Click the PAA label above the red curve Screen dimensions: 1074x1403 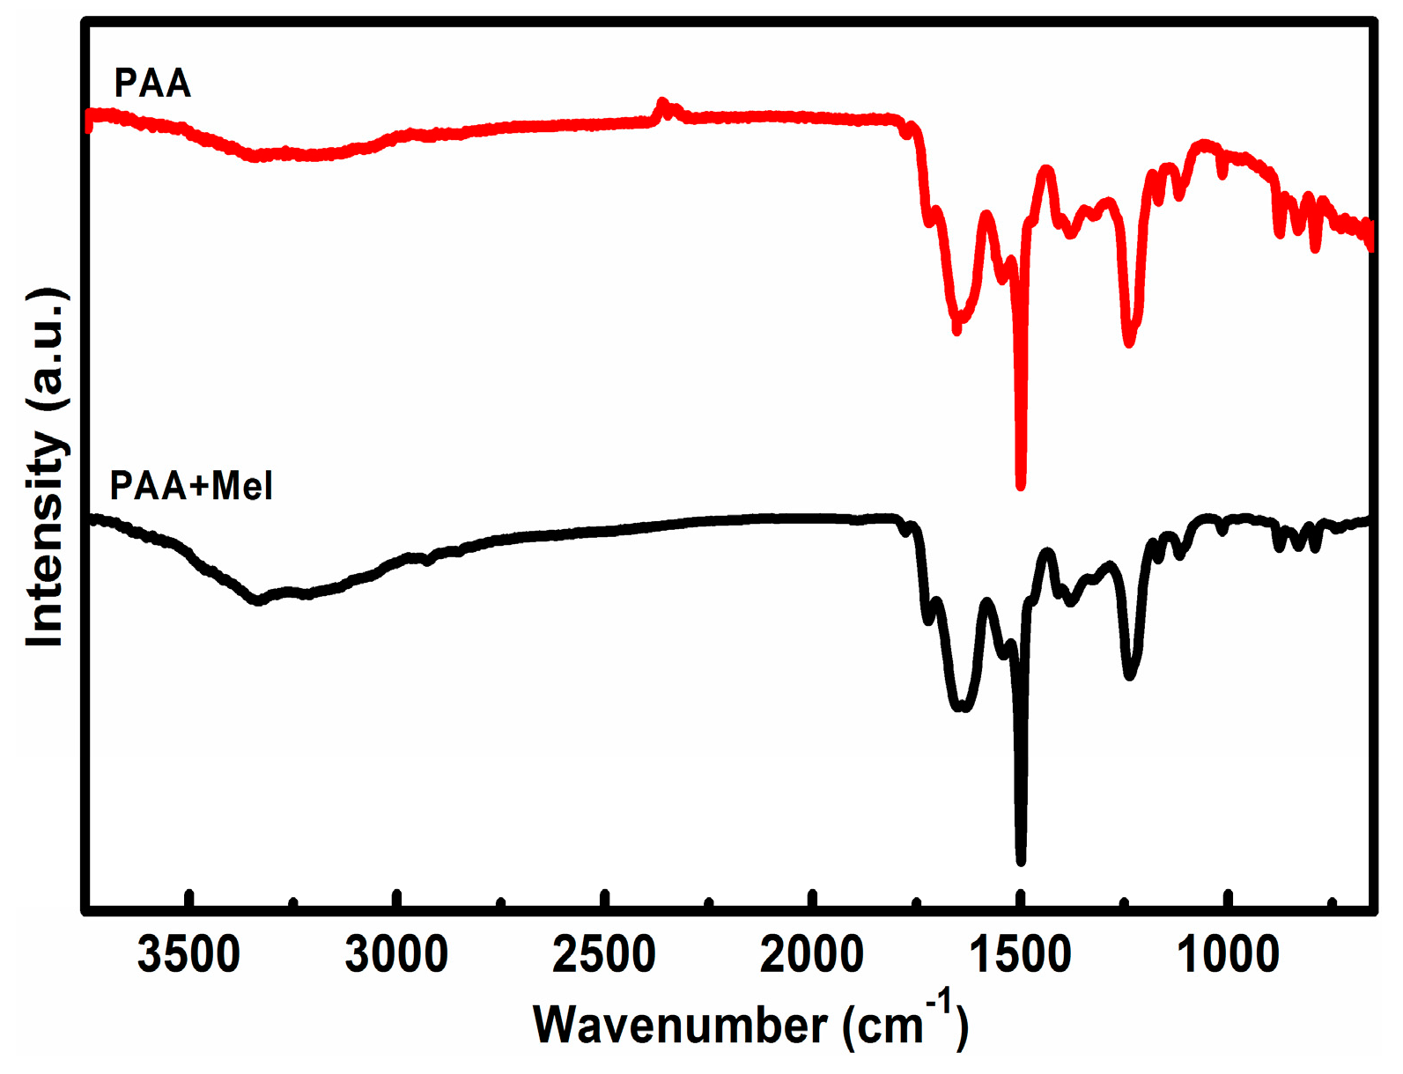152,83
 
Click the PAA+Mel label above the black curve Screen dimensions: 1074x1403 191,485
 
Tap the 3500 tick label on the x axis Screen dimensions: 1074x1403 188,954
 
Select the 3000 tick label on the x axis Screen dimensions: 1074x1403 396,954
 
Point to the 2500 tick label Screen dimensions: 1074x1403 604,954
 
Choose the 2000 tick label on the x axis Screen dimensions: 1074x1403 811,954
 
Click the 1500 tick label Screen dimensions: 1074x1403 1020,954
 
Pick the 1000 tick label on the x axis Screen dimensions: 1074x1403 1228,954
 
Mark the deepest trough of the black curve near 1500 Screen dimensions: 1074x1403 1021,859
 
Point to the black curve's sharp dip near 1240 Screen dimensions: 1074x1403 1130,674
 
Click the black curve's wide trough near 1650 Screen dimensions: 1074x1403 961,706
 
